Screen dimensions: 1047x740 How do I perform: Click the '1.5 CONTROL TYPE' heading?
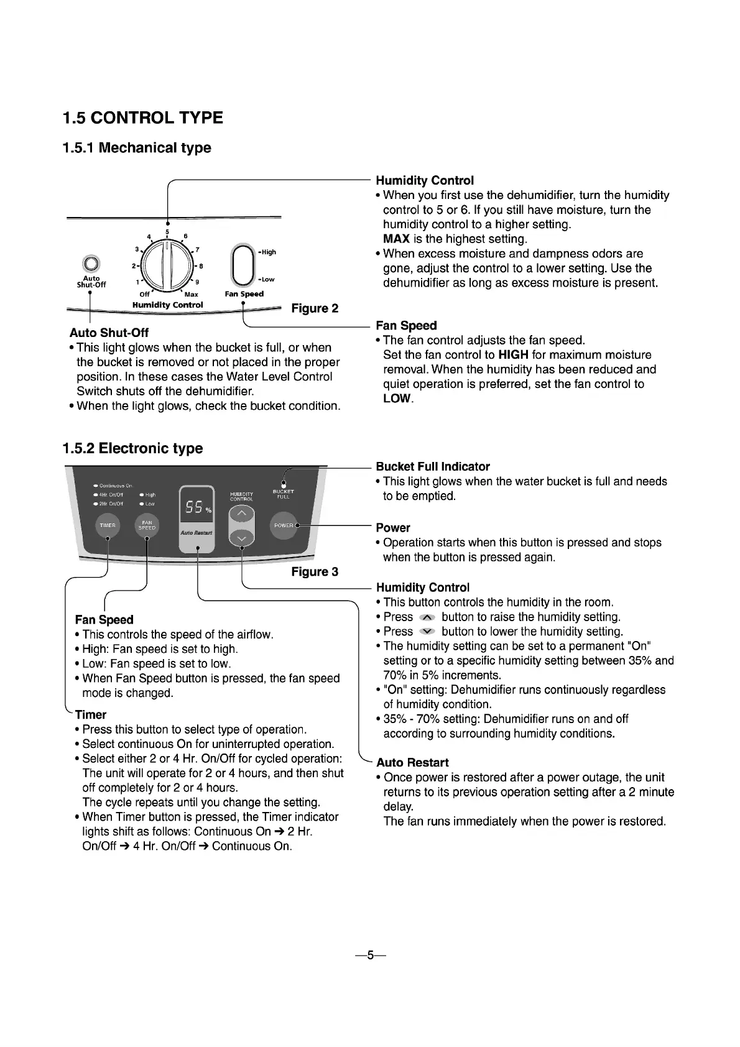click(x=143, y=118)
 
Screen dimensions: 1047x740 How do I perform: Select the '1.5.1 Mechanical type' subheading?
click(x=137, y=148)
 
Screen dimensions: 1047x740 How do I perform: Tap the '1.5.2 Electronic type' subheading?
click(x=132, y=448)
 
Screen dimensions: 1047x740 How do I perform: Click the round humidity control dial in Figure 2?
click(x=166, y=266)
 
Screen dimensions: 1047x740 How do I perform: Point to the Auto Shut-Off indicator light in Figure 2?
click(x=91, y=263)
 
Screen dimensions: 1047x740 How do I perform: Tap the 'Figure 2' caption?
click(x=315, y=308)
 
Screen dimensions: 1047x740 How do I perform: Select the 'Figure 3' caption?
click(x=315, y=572)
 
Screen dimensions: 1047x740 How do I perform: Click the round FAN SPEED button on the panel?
click(x=147, y=525)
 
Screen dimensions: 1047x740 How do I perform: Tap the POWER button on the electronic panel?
click(x=284, y=525)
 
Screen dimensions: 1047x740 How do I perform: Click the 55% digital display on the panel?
click(x=197, y=508)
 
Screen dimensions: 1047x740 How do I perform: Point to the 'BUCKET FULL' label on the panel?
click(x=284, y=494)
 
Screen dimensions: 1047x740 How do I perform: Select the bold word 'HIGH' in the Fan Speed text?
click(x=513, y=355)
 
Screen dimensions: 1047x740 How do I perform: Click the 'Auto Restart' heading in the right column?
click(x=412, y=763)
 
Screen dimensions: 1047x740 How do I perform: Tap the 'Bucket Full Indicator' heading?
click(x=433, y=467)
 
